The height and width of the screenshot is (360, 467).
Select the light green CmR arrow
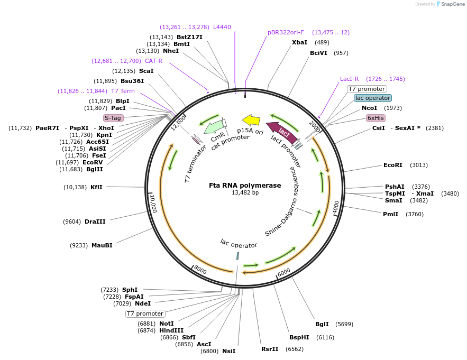(x=214, y=126)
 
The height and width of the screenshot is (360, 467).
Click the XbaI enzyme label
(x=299, y=42)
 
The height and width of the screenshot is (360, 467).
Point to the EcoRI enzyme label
(x=393, y=165)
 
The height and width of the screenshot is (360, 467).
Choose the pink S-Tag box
(x=113, y=118)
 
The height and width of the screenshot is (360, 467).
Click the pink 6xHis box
(x=376, y=118)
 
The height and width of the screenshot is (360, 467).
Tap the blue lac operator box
(x=373, y=98)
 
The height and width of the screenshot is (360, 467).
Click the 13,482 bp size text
(x=245, y=193)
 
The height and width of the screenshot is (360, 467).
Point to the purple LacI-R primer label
(x=349, y=79)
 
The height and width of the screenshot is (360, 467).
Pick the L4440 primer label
(x=222, y=27)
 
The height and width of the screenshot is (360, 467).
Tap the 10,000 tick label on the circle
(x=152, y=203)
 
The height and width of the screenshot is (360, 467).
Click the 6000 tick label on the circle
(x=284, y=272)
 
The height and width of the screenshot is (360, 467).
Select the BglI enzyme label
(x=322, y=324)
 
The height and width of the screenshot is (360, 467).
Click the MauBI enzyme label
(x=102, y=245)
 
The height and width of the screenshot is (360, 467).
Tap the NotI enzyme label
(x=167, y=323)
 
